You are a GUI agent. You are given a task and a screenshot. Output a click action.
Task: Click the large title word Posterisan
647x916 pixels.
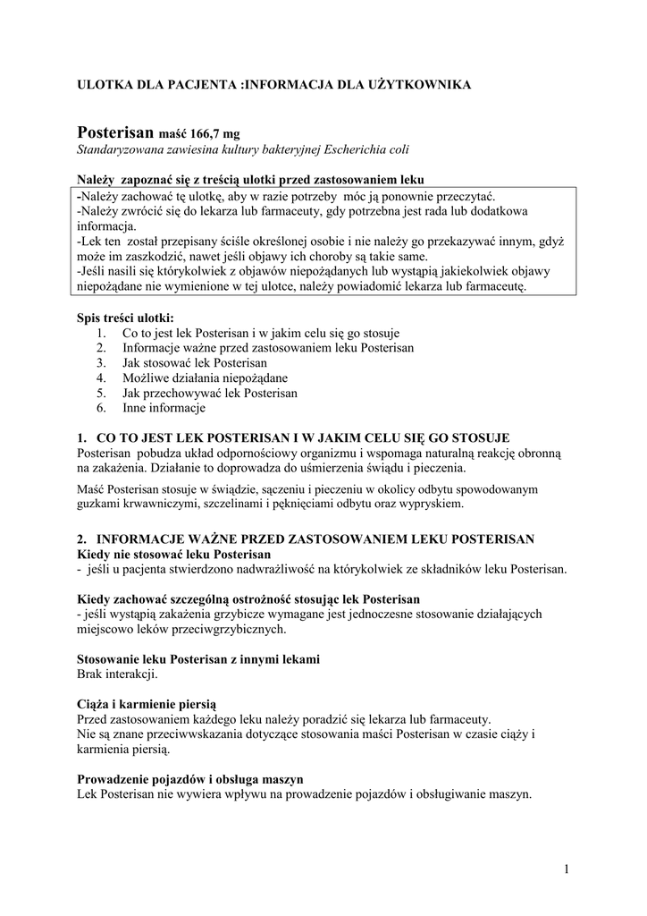(116, 131)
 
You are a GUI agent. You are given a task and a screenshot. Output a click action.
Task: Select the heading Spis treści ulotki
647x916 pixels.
(125, 318)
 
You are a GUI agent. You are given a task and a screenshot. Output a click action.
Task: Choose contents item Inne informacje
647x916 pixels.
(164, 408)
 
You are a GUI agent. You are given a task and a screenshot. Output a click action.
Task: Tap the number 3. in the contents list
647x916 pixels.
(101, 362)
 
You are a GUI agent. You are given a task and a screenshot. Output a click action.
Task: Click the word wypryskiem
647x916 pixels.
(433, 504)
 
